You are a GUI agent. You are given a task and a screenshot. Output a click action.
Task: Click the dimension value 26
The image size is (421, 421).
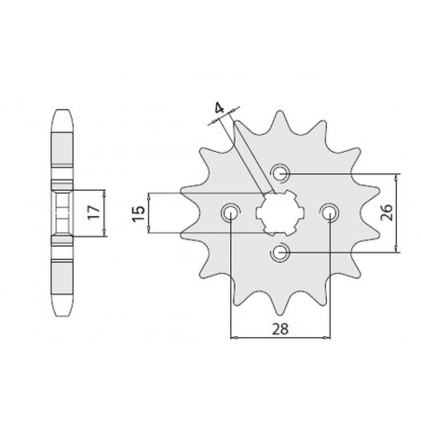pyautogui.click(x=411, y=211)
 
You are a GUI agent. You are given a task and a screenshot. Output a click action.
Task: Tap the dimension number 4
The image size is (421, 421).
pyautogui.click(x=218, y=114)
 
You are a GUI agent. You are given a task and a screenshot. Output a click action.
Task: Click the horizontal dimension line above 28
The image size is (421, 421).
pyautogui.click(x=279, y=336)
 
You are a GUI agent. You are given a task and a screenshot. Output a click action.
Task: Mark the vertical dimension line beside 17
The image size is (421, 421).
pyautogui.click(x=104, y=213)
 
